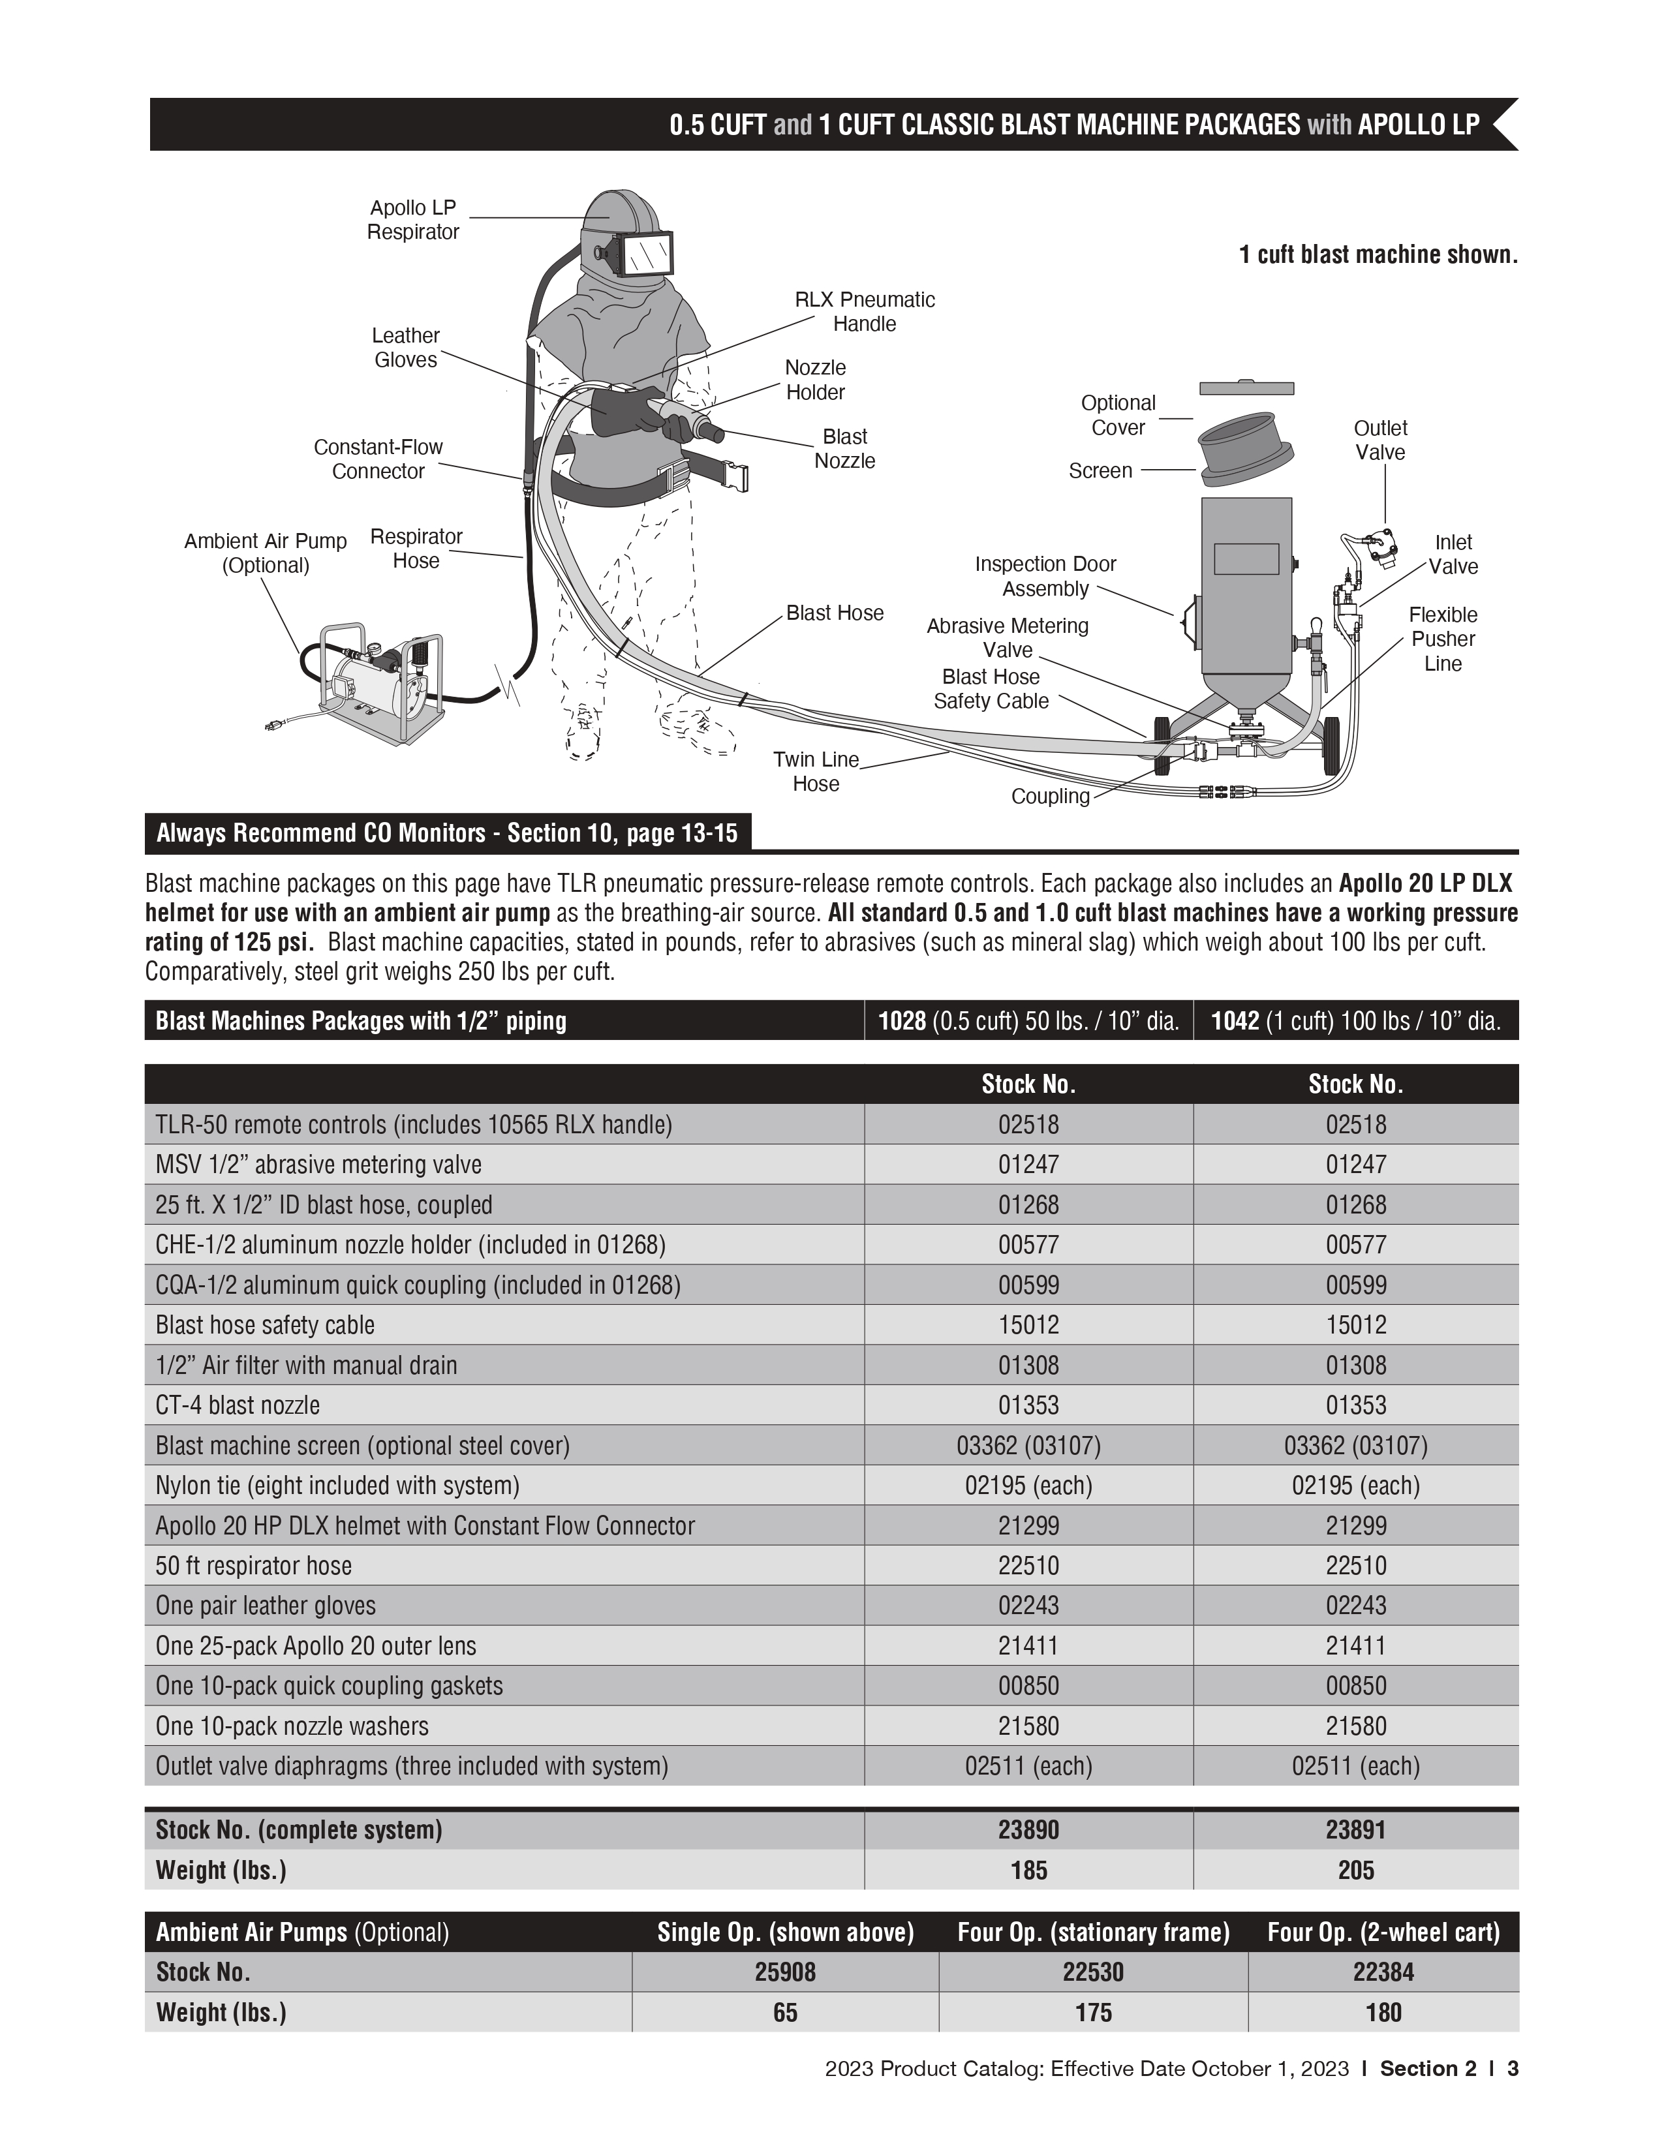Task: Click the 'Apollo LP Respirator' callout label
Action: (x=413, y=220)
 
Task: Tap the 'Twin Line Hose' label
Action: (x=816, y=771)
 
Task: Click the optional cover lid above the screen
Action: (x=1246, y=388)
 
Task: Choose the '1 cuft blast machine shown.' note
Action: (x=1377, y=254)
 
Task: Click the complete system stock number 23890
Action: (x=1028, y=1829)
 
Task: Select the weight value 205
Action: (x=1355, y=1870)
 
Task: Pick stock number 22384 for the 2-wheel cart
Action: (x=1383, y=1972)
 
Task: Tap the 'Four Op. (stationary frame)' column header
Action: (x=1093, y=1932)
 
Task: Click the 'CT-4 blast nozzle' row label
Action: (x=238, y=1405)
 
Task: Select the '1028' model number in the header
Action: (x=902, y=1020)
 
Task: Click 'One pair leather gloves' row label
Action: (x=265, y=1605)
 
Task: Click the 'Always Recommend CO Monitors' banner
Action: (x=446, y=833)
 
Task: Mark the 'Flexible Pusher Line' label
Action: (x=1442, y=639)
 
